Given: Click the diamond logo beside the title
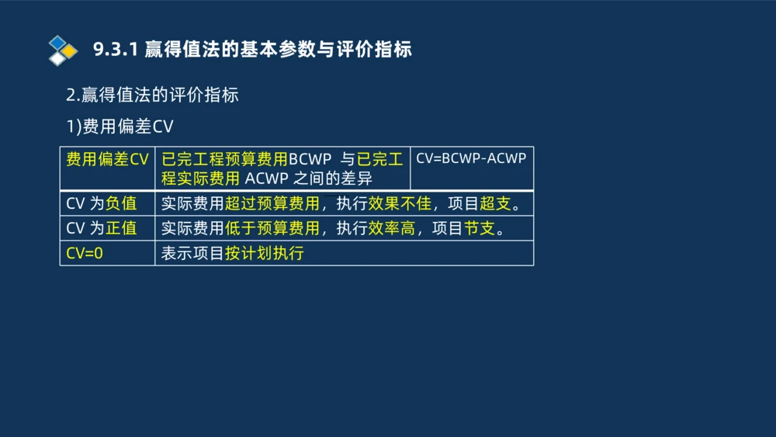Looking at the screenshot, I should click(63, 50).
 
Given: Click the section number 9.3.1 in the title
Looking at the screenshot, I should click(116, 50).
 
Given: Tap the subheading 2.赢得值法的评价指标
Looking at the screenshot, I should click(152, 95).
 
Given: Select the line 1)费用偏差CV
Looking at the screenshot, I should click(120, 127).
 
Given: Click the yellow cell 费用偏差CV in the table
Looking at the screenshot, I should click(107, 160).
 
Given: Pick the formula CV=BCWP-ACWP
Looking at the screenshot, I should click(471, 158).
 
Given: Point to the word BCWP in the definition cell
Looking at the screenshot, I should click(310, 160).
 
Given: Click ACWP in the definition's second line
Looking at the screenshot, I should click(268, 179).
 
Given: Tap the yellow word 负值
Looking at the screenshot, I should click(121, 204).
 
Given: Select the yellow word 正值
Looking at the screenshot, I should click(121, 228).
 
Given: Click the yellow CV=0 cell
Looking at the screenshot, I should click(85, 253).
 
